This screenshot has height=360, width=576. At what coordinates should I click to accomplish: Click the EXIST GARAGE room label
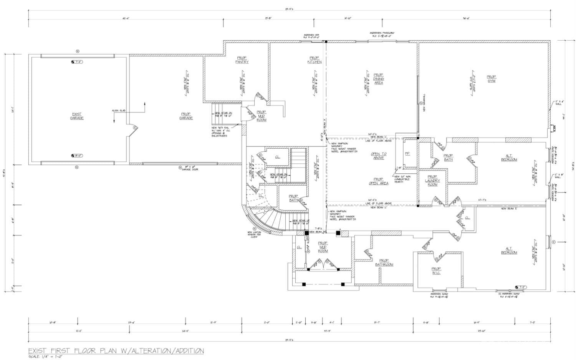pos(77,116)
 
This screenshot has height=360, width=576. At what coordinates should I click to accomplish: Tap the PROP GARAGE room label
pos(186,116)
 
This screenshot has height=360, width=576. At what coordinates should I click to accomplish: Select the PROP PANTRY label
pos(242,60)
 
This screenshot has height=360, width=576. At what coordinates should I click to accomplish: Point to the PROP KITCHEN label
pos(314,60)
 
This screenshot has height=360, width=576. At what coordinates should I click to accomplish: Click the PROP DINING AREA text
pos(378,79)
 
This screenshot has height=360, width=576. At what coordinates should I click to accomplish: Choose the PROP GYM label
pos(491,79)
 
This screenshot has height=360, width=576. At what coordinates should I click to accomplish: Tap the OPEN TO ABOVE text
pos(378,156)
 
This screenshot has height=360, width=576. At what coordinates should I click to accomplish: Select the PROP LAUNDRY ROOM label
pos(432,182)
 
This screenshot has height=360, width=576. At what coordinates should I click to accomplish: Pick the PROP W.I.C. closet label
pos(436,271)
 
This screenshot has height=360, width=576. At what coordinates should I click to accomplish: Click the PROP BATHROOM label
pos(384,262)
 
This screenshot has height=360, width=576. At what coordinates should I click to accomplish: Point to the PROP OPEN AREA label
pos(378,181)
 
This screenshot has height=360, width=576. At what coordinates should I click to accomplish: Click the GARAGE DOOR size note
pos(192,168)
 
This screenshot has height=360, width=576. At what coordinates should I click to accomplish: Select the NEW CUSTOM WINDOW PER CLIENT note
pos(254,234)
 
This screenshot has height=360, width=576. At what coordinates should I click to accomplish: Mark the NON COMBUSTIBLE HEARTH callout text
pos(402,179)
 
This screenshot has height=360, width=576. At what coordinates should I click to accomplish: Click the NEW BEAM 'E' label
pos(509,209)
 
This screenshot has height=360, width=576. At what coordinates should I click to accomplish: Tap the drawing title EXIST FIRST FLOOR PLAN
pos(116,350)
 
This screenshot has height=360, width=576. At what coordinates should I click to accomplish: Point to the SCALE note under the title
pos(45,357)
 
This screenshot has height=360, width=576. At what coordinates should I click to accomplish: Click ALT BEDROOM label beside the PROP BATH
pos(509,158)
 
